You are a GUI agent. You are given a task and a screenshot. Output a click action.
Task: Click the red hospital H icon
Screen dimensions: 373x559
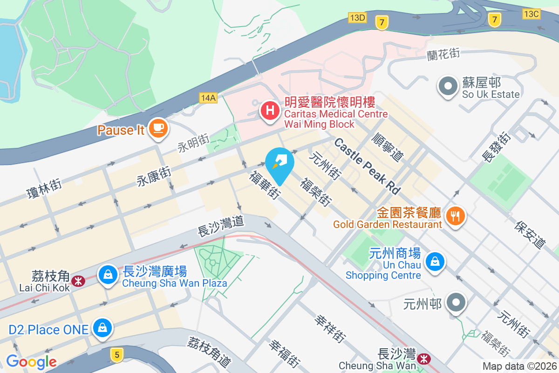(269, 111)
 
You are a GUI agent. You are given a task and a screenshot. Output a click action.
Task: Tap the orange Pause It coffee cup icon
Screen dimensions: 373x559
(158, 127)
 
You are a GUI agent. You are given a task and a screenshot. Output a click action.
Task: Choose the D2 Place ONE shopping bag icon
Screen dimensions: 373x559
(102, 327)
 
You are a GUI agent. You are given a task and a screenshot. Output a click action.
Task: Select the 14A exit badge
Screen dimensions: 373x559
(208, 98)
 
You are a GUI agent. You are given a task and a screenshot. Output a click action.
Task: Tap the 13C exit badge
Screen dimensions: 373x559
(531, 14)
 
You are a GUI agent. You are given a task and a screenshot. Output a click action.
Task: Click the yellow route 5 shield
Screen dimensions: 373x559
(116, 355)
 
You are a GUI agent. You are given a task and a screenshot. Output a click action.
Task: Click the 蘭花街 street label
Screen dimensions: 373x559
(443, 55)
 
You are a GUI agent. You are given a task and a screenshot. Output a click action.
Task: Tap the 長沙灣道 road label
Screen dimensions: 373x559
(221, 224)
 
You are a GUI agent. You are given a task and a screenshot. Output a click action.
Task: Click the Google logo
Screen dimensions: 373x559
(31, 361)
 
